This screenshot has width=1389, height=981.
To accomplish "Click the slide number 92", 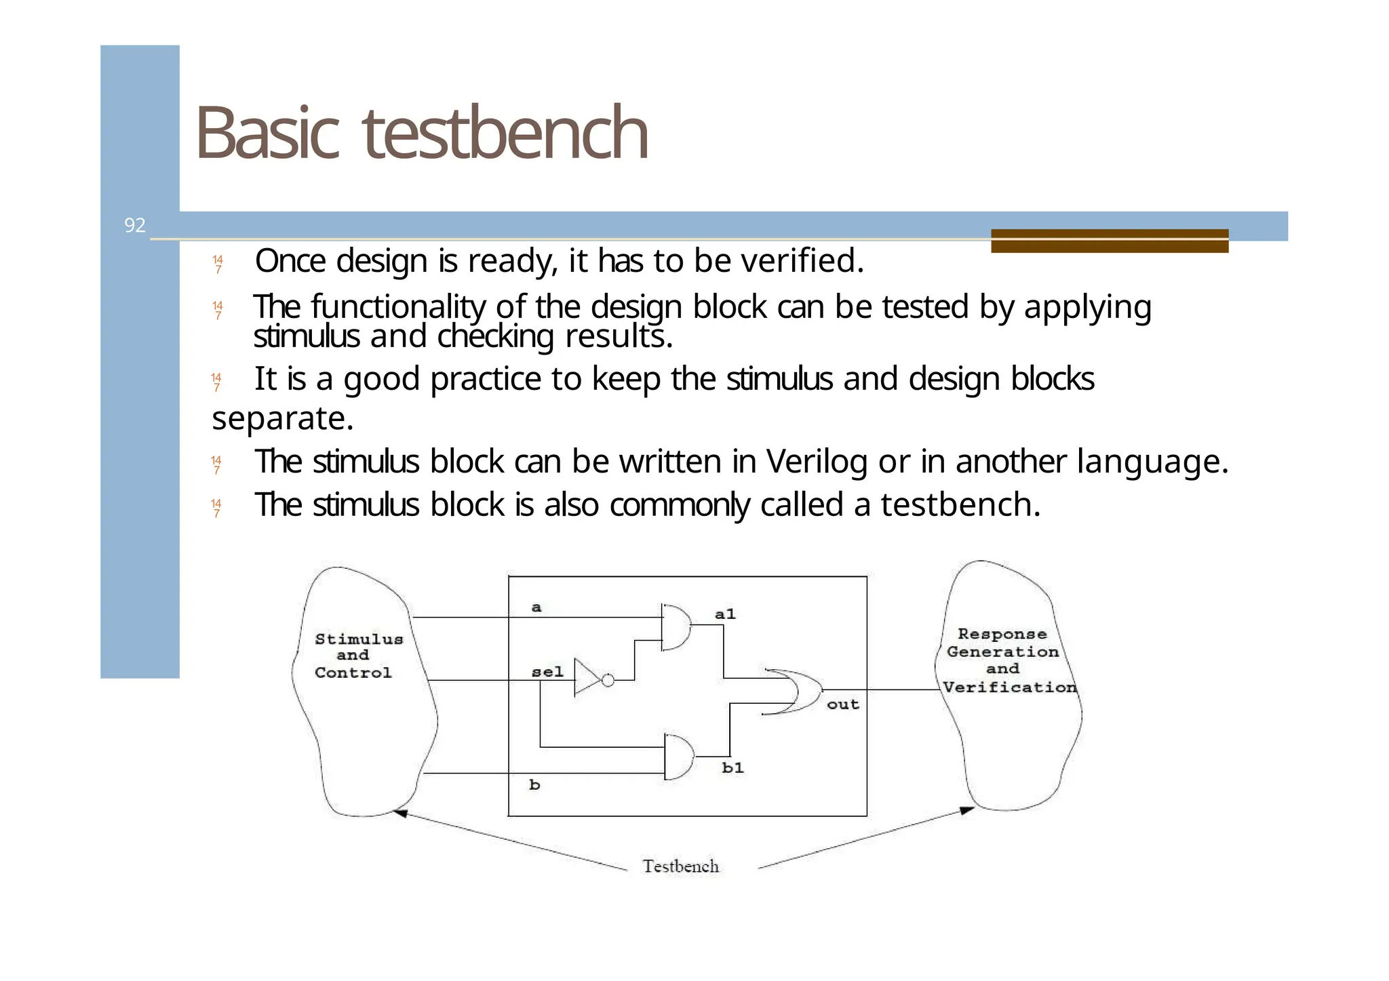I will pyautogui.click(x=134, y=225).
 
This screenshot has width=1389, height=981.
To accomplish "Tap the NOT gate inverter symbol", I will pyautogui.click(x=587, y=677).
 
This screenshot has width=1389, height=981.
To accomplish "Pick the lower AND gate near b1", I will pyautogui.click(x=679, y=757).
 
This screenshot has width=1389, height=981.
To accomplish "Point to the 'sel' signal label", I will pyautogui.click(x=547, y=672).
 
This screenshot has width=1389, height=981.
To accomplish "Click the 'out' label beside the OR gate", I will pyautogui.click(x=842, y=704).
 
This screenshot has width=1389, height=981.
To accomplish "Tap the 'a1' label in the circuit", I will pyautogui.click(x=725, y=614).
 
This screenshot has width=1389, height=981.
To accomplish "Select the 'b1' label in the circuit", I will pyautogui.click(x=732, y=767).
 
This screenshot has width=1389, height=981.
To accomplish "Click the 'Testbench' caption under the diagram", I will pyautogui.click(x=680, y=866).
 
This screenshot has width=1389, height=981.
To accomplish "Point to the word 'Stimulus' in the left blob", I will pyautogui.click(x=359, y=639).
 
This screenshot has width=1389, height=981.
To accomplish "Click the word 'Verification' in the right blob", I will pyautogui.click(x=1009, y=687).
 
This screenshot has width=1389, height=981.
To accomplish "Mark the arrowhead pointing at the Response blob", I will pyautogui.click(x=967, y=811).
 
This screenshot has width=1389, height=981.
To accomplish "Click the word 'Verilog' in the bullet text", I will pyautogui.click(x=817, y=462).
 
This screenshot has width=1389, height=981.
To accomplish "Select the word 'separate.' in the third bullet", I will pyautogui.click(x=283, y=418).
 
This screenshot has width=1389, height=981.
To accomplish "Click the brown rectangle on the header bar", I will pyautogui.click(x=1109, y=241).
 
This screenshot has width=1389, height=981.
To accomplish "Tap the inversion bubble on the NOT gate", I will pyautogui.click(x=608, y=680).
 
